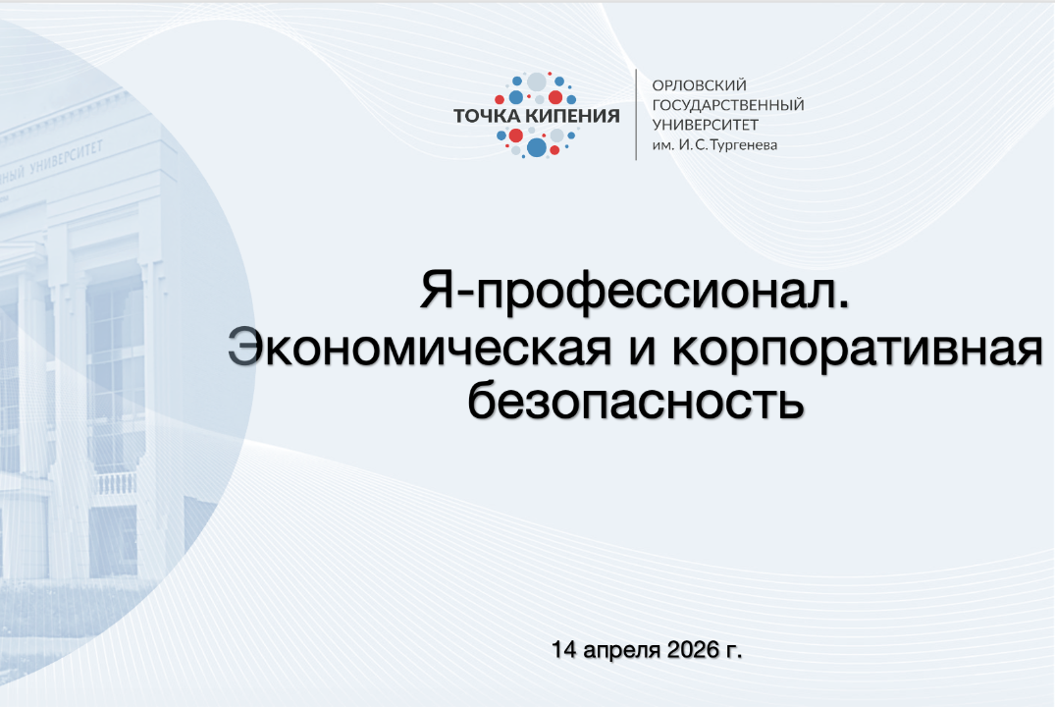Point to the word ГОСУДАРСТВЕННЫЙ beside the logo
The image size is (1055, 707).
[728, 105]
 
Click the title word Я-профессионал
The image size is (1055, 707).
[635, 293]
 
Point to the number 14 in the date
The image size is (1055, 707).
[562, 650]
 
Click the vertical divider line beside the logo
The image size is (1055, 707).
[637, 115]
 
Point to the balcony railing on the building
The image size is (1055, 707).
[115, 483]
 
